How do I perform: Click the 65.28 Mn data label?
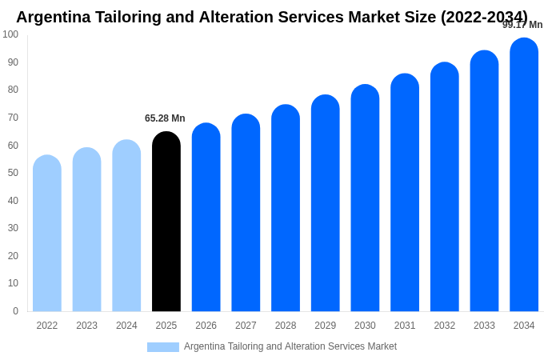[165, 118]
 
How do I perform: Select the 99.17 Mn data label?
[522, 25]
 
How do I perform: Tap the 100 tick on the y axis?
[10, 34]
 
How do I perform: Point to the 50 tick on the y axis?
[13, 173]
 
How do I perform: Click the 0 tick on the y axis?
[15, 311]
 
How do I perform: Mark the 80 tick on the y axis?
[13, 90]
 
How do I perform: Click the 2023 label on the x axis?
[86, 326]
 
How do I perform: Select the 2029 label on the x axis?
[325, 326]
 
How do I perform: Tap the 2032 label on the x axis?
[444, 326]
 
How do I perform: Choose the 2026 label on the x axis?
[206, 326]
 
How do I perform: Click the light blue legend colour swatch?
[163, 347]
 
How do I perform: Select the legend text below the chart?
[290, 346]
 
